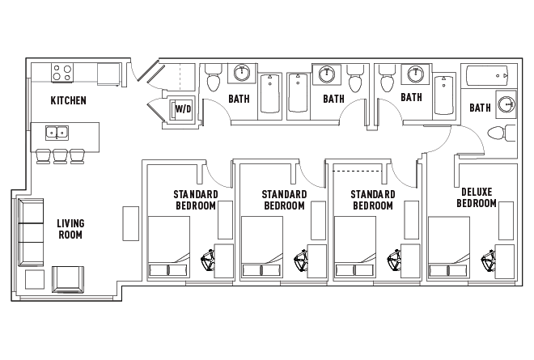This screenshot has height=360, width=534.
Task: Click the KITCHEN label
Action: coord(69,100)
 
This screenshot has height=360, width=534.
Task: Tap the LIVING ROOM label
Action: coord(70,229)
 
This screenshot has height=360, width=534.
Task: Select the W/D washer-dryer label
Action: coord(183,109)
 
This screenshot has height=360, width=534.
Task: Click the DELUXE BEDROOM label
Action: coord(477,197)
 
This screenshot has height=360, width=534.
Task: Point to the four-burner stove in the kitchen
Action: coord(62,73)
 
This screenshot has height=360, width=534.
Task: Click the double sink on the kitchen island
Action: coord(57,133)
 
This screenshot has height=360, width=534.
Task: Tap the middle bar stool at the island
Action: coord(61,156)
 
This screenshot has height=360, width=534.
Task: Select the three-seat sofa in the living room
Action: coord(31,233)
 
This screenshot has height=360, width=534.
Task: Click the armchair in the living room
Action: coord(68,280)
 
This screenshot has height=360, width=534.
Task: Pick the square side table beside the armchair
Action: coord(35,280)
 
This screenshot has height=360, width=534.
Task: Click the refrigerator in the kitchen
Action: coord(108,74)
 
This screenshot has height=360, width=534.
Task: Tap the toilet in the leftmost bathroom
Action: coord(214,78)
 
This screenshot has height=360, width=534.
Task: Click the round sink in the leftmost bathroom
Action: coord(242,73)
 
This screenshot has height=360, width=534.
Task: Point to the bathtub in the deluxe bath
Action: coord(487,76)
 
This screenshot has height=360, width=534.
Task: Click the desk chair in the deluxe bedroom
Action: coord(488,260)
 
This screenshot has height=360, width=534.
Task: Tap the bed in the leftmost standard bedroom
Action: coord(169,247)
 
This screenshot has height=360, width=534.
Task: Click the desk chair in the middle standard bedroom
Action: coord(301,260)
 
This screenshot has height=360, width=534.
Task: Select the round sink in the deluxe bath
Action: coord(506,104)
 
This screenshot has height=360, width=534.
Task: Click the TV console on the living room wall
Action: coord(131,223)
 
